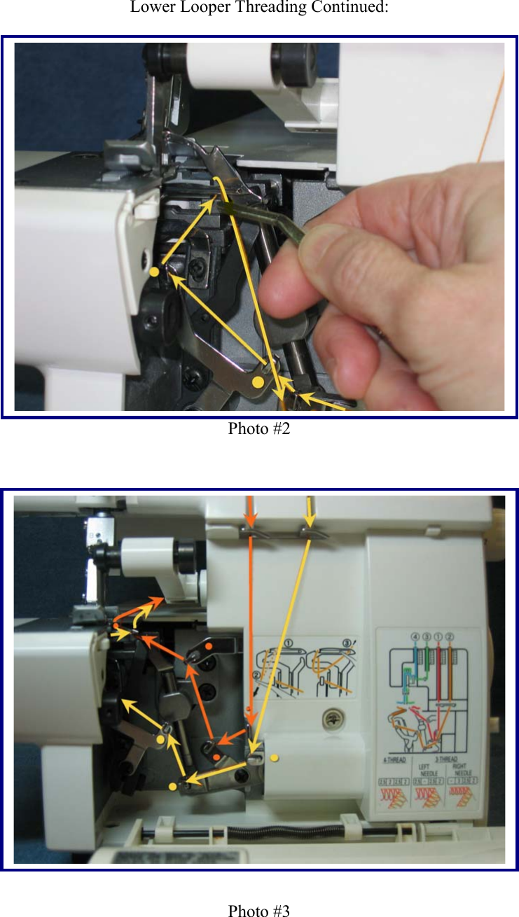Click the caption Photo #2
point(258,428)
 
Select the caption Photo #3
point(258,911)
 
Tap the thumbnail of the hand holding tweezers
point(392,280)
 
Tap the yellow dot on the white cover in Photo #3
point(275,757)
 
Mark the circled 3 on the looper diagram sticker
point(348,643)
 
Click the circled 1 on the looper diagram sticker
point(288,643)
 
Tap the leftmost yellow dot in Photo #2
point(153,271)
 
